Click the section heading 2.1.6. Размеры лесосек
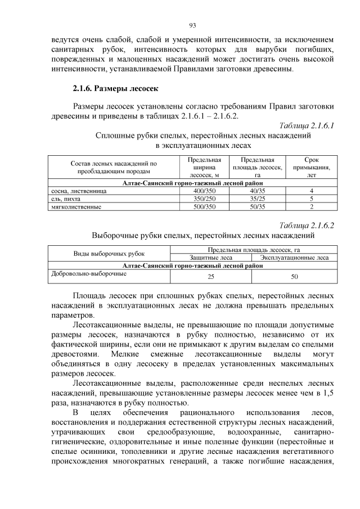tap(116, 88)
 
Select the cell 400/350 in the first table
tap(205, 191)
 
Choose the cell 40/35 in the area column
tap(256, 191)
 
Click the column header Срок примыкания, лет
tap(311, 167)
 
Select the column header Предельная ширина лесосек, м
tap(205, 167)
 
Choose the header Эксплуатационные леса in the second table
tap(295, 258)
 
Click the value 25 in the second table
tap(211, 277)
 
